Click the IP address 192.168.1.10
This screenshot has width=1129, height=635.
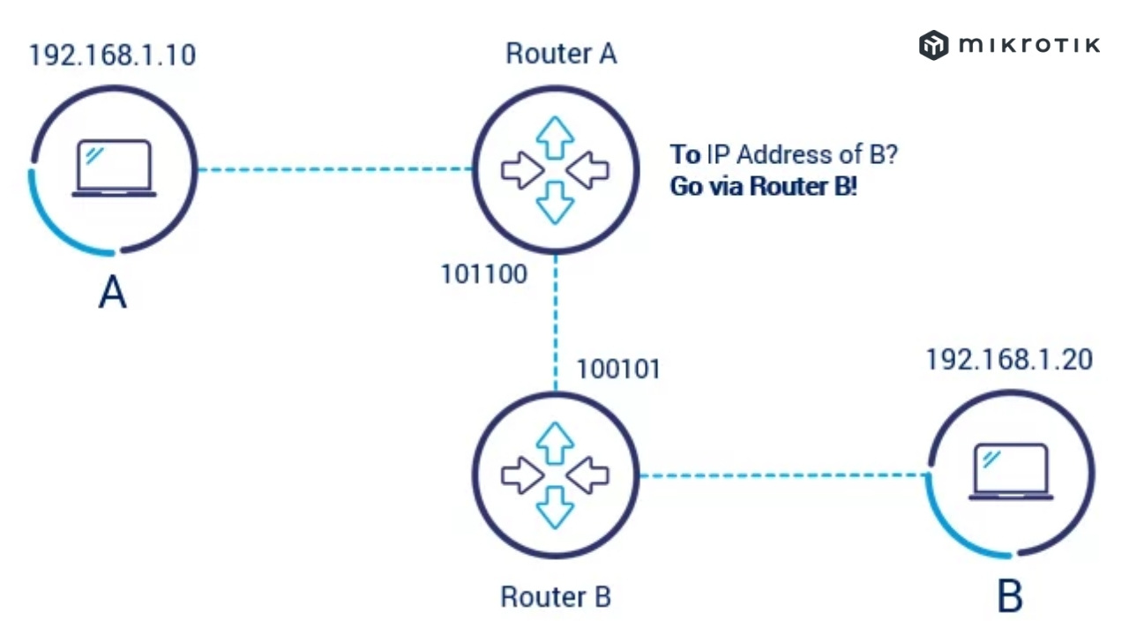(112, 56)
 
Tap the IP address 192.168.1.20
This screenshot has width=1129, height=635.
(1009, 360)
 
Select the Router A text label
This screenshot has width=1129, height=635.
(561, 54)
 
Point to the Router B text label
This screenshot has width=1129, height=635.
(556, 597)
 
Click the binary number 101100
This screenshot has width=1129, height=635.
(484, 274)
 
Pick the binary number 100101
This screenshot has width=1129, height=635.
(617, 369)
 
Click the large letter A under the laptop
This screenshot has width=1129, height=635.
(112, 293)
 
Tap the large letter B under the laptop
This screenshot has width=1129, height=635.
(1010, 597)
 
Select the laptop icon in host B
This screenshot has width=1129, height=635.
(1011, 473)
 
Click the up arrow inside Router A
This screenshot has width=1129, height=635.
(556, 138)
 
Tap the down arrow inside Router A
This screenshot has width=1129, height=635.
(556, 202)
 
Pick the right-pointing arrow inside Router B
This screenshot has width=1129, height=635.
(521, 476)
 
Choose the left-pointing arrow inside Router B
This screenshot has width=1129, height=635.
(588, 476)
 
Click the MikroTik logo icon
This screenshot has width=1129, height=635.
(933, 45)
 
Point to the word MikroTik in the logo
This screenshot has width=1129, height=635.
(1028, 45)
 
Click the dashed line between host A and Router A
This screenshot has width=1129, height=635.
(335, 169)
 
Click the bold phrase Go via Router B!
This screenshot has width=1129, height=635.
(763, 187)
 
